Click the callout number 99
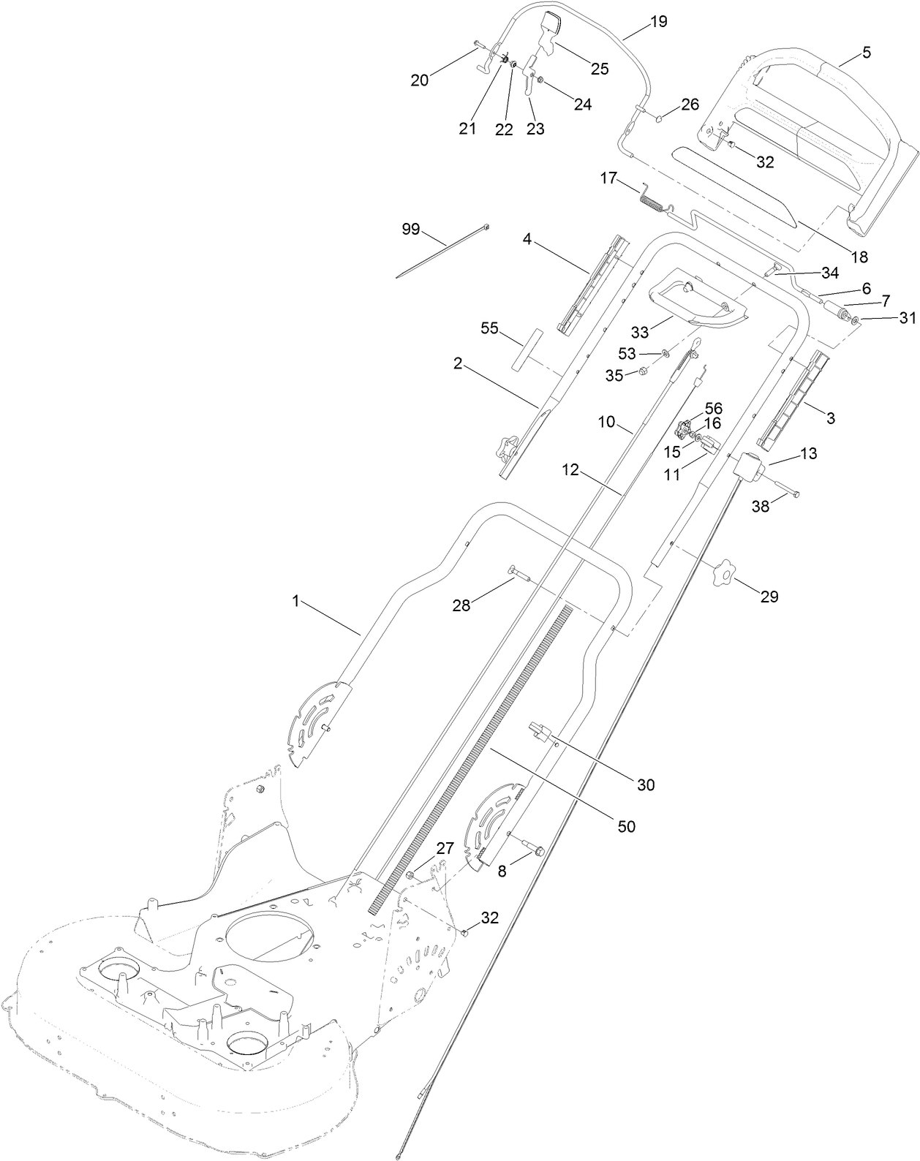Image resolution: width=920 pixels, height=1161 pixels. [411, 229]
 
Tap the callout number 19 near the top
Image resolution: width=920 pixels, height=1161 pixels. [658, 21]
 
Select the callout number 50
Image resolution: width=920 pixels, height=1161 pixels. [626, 826]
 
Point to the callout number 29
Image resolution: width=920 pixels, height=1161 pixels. [769, 597]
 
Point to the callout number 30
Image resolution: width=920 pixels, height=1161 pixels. [645, 785]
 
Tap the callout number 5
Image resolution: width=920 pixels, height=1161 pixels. [867, 53]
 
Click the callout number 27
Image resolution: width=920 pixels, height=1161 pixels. [445, 848]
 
